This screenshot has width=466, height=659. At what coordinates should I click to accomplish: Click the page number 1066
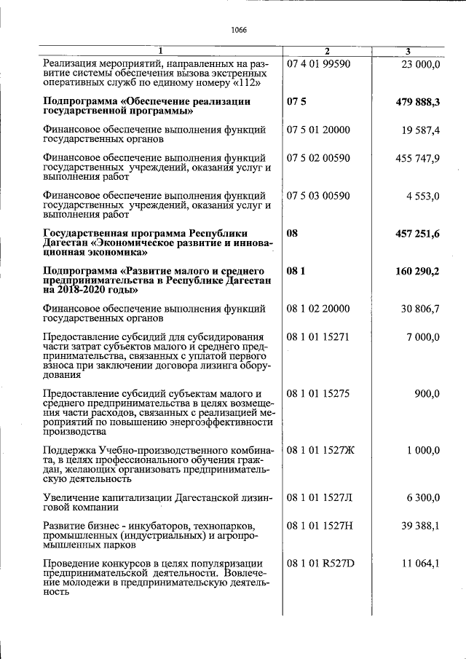click(239, 30)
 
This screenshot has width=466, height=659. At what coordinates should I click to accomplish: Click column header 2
click(327, 51)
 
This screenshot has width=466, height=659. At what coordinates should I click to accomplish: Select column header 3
click(408, 51)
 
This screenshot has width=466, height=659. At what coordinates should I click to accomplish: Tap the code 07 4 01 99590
click(319, 64)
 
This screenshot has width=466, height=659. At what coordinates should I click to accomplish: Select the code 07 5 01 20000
click(319, 130)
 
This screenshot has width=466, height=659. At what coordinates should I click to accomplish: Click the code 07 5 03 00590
click(319, 196)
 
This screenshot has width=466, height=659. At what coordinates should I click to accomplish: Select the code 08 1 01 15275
click(319, 393)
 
